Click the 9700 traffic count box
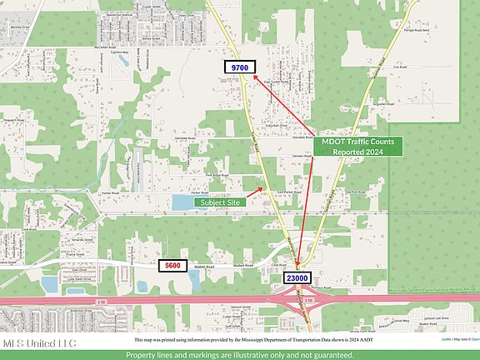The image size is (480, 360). [241, 66]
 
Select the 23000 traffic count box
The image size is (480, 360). [298, 277]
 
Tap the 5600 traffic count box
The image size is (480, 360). [172, 266]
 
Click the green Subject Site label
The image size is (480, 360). [220, 201]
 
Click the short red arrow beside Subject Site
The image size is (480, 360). [256, 192]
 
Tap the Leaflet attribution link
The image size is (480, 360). [447, 339]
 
